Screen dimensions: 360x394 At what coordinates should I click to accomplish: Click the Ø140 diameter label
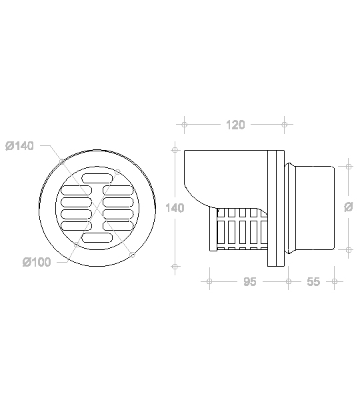tap(19, 146)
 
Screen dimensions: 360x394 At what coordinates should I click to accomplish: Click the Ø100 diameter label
tap(37, 262)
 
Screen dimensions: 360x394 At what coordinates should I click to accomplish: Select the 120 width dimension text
tap(235, 125)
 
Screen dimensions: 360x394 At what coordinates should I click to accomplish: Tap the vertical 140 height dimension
tap(175, 208)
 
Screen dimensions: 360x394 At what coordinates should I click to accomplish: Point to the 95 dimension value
tap(250, 282)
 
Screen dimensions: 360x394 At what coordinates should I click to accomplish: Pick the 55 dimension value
tap(313, 282)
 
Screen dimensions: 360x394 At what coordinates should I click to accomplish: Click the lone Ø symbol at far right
tap(348, 207)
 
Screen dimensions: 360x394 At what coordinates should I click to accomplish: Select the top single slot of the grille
tap(97, 178)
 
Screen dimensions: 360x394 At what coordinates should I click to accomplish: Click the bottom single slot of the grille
tap(97, 238)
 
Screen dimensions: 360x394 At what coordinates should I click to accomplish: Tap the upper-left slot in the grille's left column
tap(75, 190)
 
